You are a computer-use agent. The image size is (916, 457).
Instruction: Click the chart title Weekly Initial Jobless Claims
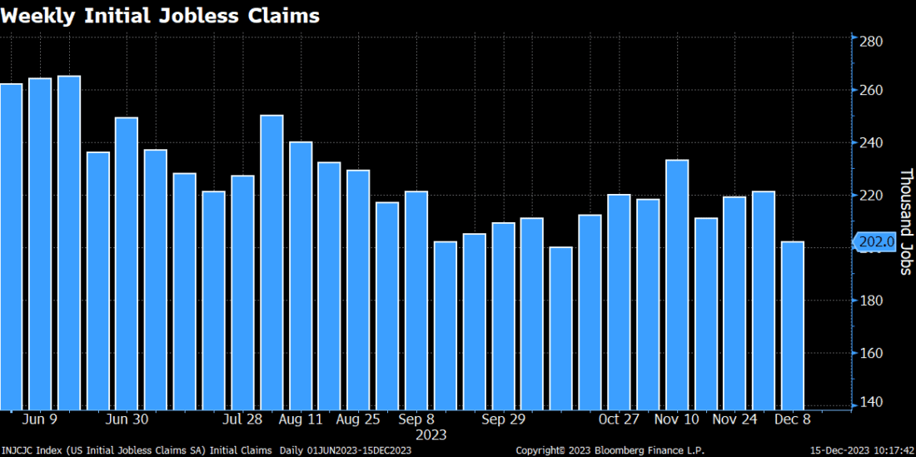(160, 16)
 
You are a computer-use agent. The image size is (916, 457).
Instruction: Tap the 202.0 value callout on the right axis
(875, 242)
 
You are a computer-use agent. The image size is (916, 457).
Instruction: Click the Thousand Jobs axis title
(905, 221)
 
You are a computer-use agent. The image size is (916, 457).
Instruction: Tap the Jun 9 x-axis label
(41, 420)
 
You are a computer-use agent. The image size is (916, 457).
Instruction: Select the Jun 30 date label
(128, 420)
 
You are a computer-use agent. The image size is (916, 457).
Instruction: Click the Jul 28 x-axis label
(244, 420)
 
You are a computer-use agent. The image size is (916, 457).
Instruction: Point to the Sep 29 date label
(505, 420)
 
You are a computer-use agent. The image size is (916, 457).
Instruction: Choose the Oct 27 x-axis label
(620, 420)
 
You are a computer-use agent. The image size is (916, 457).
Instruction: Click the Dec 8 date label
(793, 420)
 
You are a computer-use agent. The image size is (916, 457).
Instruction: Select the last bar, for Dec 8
(793, 325)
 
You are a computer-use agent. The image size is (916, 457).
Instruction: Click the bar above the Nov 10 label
(677, 283)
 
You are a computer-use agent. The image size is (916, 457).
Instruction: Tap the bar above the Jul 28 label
(243, 291)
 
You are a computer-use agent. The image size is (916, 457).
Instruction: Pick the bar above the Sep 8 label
(416, 300)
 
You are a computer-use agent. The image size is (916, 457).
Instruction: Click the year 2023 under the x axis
(431, 435)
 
